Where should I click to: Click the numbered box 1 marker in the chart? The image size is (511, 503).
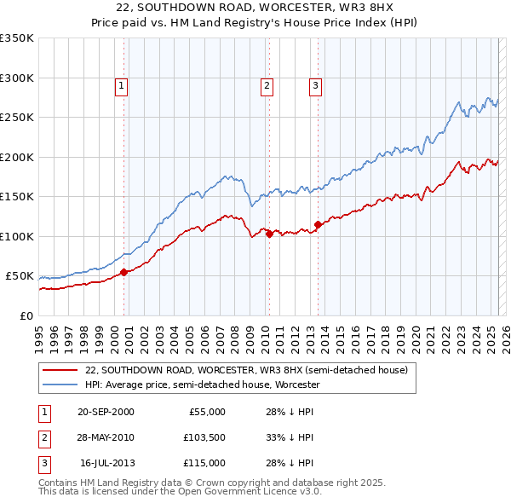pyautogui.click(x=121, y=85)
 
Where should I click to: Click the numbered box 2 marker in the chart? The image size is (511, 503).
pyautogui.click(x=267, y=85)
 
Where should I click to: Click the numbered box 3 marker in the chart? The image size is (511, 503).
pyautogui.click(x=315, y=85)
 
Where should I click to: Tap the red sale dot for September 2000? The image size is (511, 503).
pyautogui.click(x=123, y=272)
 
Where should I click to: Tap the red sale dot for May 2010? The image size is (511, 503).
pyautogui.click(x=269, y=234)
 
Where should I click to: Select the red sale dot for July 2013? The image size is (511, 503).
pyautogui.click(x=318, y=224)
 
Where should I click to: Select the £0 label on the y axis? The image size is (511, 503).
pyautogui.click(x=26, y=315)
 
